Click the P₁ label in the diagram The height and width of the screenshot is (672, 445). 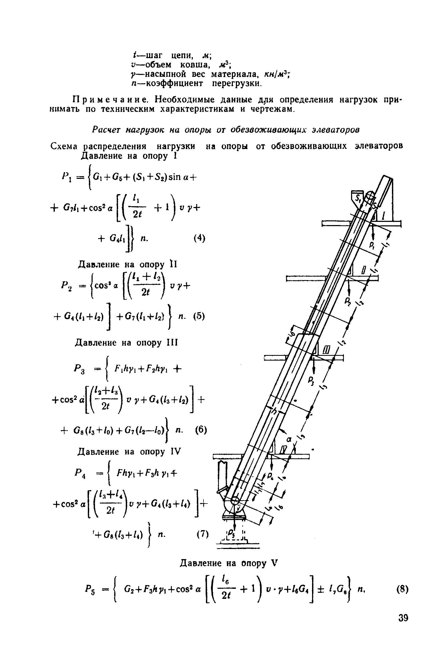[x=371, y=245]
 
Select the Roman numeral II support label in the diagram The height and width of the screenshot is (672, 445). [x=363, y=270]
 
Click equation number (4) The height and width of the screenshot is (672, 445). [x=200, y=238]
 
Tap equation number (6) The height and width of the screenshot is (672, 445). [x=201, y=430]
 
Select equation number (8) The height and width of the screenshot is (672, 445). [x=403, y=590]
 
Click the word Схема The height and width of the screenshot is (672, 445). [x=64, y=146]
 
